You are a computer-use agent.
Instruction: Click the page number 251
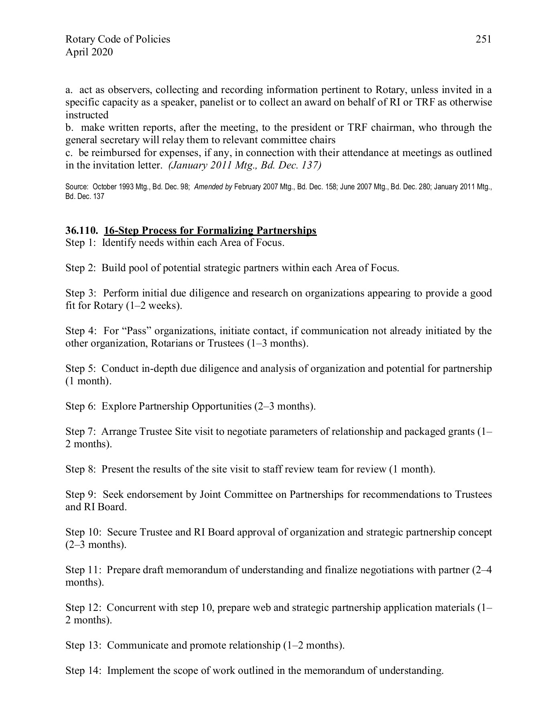tap(483, 39)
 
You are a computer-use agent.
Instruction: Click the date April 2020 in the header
tap(89, 52)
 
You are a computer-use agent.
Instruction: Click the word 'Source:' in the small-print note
tap(77, 187)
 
